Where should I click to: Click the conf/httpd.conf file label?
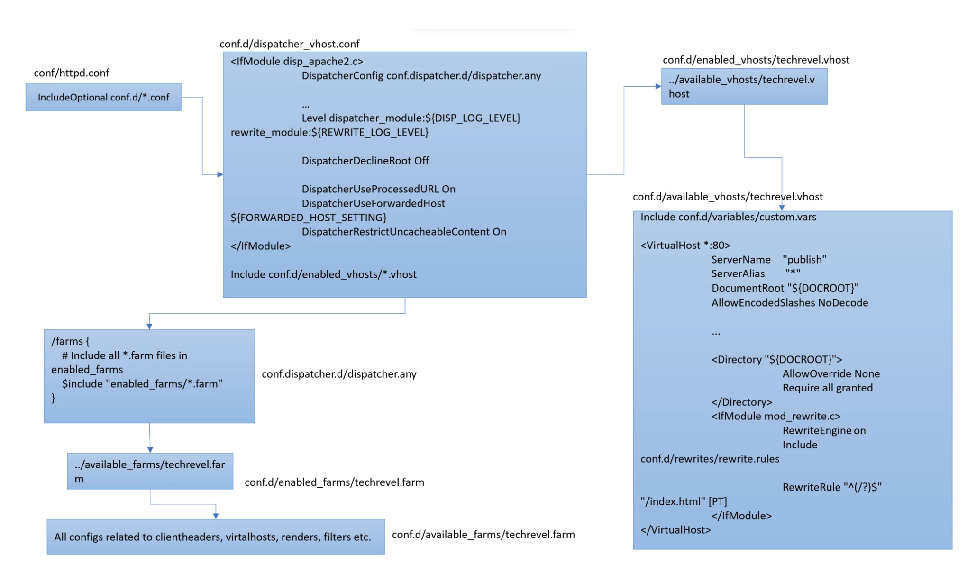pyautogui.click(x=71, y=73)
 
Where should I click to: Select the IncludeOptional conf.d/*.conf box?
pyautogui.click(x=103, y=97)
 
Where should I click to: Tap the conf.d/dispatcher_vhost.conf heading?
pyautogui.click(x=289, y=44)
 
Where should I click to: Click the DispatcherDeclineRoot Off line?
pyautogui.click(x=365, y=161)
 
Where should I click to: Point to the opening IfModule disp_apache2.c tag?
pyautogui.click(x=297, y=61)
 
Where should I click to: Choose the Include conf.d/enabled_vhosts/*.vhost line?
pyautogui.click(x=323, y=274)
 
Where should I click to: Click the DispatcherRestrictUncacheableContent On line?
pyautogui.click(x=404, y=232)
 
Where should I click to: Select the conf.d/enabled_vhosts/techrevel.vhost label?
pyautogui.click(x=756, y=60)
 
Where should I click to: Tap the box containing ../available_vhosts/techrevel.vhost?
pyautogui.click(x=744, y=86)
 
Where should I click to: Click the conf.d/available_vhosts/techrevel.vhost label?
pyautogui.click(x=728, y=197)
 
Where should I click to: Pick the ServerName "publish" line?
pyautogui.click(x=768, y=260)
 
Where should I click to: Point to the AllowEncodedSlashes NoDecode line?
pyautogui.click(x=789, y=303)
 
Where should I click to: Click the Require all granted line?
pyautogui.click(x=827, y=388)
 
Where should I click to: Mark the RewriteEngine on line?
pyautogui.click(x=824, y=430)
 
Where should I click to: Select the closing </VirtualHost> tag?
pyautogui.click(x=675, y=530)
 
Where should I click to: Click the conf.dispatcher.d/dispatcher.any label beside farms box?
pyautogui.click(x=339, y=374)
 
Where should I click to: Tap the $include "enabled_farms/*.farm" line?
pyautogui.click(x=142, y=383)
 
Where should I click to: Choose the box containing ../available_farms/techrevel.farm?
pyautogui.click(x=150, y=471)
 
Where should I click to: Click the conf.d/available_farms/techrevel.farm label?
pyautogui.click(x=483, y=535)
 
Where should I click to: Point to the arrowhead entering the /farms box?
pyautogui.click(x=149, y=326)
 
